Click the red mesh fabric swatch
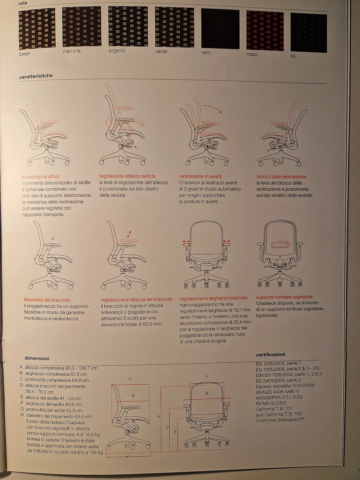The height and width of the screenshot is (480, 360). pos(265,31)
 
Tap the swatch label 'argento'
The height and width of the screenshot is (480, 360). pos(117,51)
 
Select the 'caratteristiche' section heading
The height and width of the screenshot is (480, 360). pos(36,76)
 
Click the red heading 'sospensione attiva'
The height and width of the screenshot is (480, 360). pos(40,177)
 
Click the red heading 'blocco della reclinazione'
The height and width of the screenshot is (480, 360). pos(281,177)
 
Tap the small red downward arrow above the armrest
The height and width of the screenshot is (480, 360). pos(53,238)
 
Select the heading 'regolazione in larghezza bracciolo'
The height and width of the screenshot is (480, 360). pos(214,298)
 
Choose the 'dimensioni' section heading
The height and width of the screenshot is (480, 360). pos(37,358)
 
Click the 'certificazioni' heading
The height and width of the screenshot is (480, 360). pos(271,354)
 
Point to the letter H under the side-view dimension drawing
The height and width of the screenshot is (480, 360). pos(127,456)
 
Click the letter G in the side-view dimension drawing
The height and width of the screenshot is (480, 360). pos(133,395)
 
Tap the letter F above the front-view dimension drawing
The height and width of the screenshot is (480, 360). pos(207,377)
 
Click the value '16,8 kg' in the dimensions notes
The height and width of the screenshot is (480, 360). pos(91,434)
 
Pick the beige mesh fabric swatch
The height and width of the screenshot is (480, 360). pos(37,29)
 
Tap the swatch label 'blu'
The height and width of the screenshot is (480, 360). pos(293,56)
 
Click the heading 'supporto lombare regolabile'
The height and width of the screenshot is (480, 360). pos(284,297)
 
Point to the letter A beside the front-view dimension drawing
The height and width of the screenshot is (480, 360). pos(159,416)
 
